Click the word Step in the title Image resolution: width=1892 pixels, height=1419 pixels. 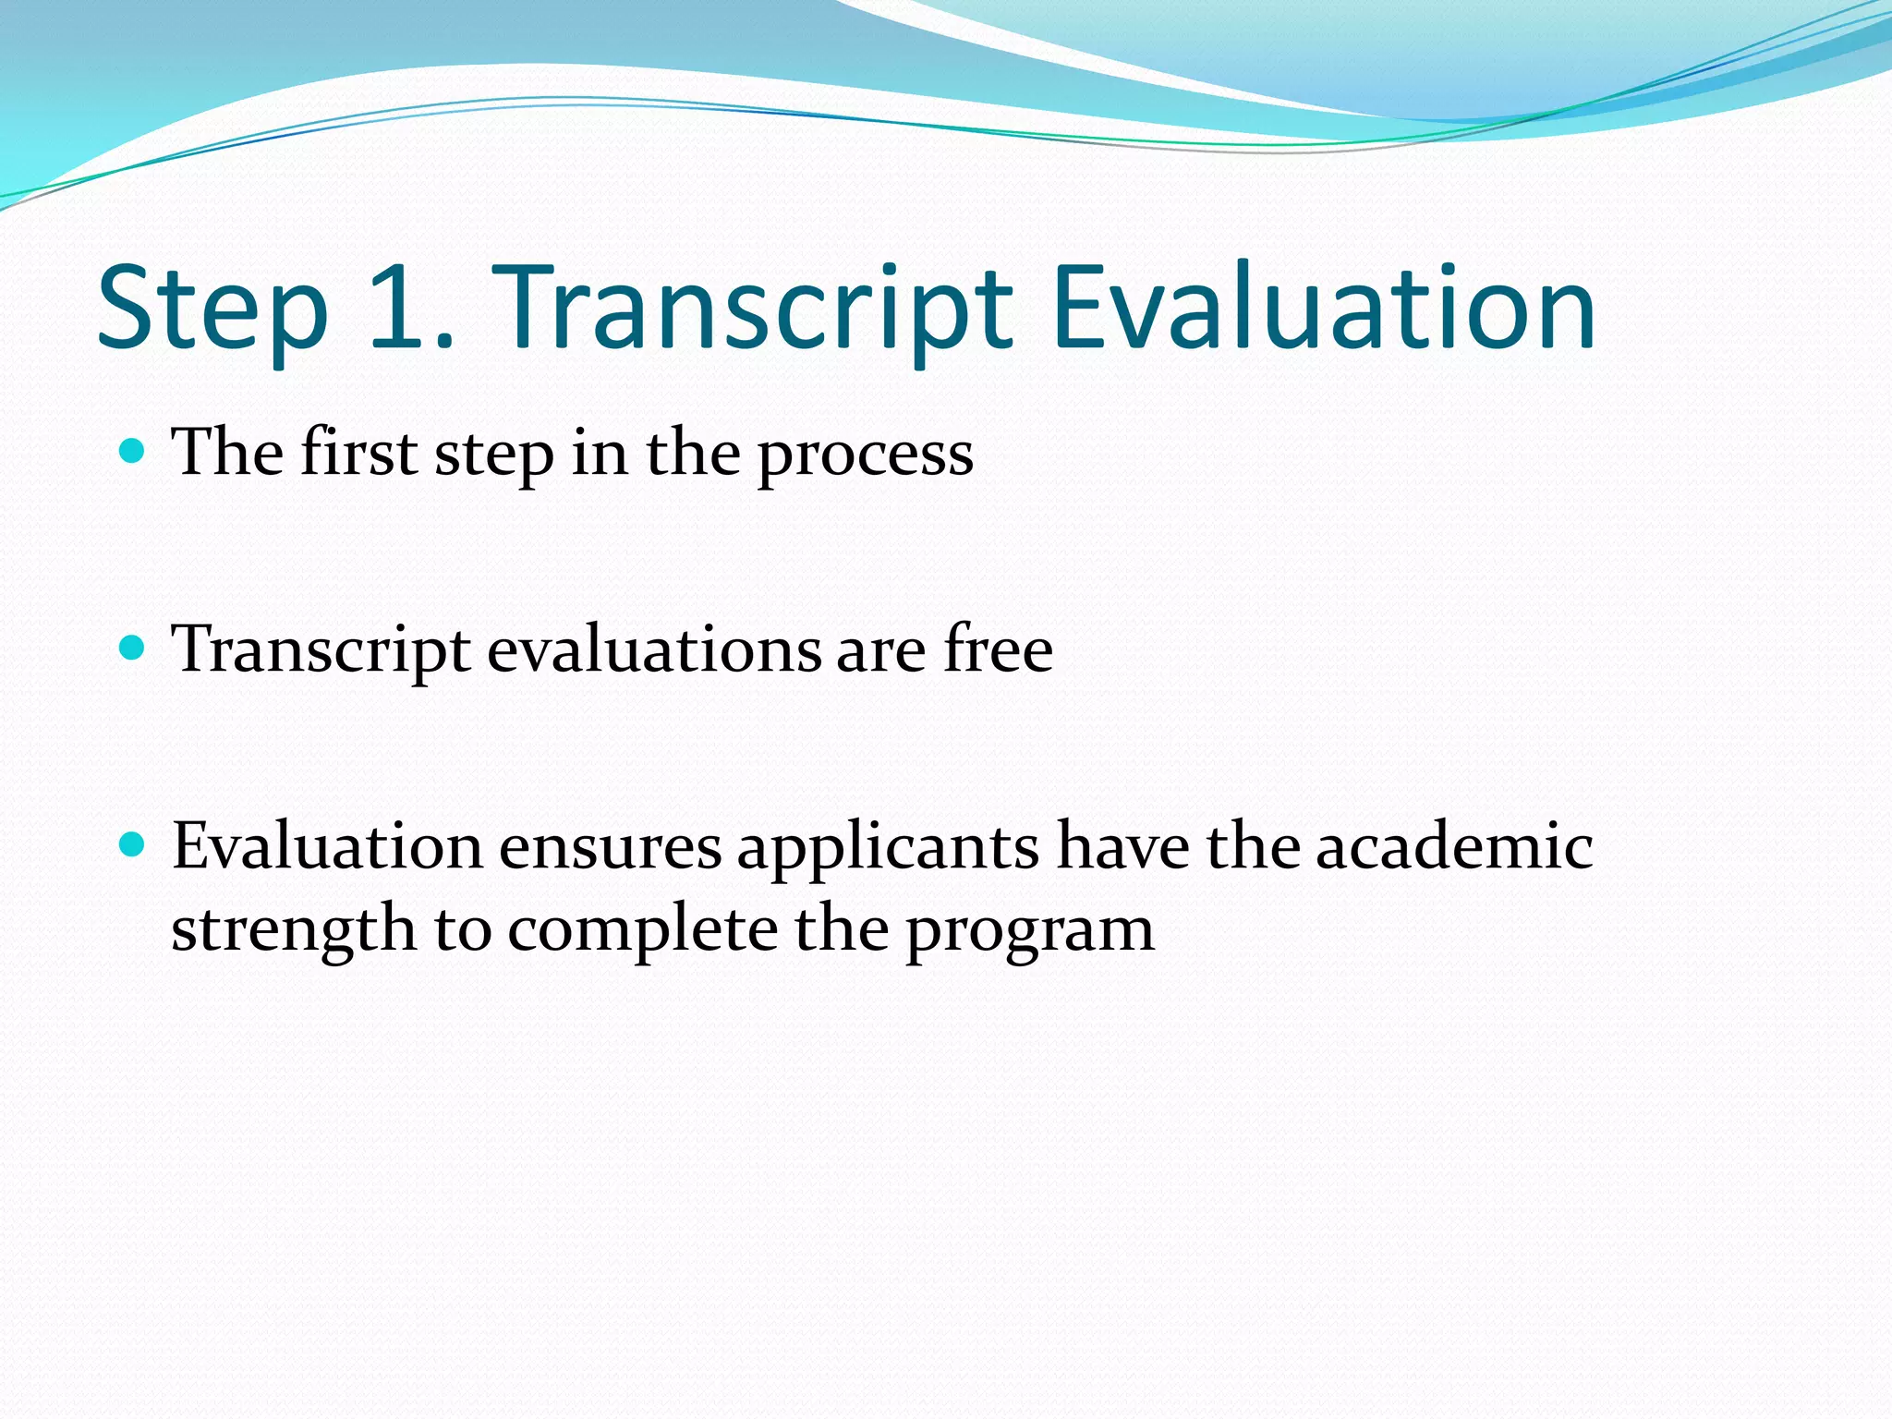(213, 311)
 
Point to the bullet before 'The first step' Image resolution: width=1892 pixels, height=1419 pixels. (133, 451)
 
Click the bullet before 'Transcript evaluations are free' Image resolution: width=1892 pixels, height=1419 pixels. (133, 648)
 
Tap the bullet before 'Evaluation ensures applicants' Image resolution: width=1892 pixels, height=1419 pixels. (133, 844)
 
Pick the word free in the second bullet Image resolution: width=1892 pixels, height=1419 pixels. (998, 649)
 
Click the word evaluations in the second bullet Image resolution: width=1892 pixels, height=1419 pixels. (653, 649)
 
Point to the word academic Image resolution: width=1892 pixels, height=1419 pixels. (1454, 846)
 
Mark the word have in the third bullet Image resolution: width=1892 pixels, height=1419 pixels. (1122, 846)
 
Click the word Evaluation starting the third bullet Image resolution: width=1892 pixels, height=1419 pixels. (327, 846)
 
